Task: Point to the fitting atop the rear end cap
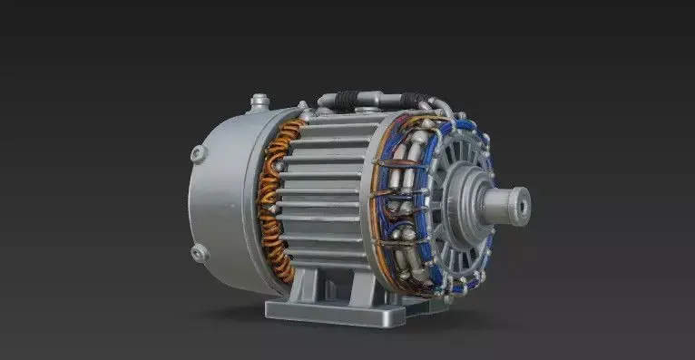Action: [258, 101]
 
